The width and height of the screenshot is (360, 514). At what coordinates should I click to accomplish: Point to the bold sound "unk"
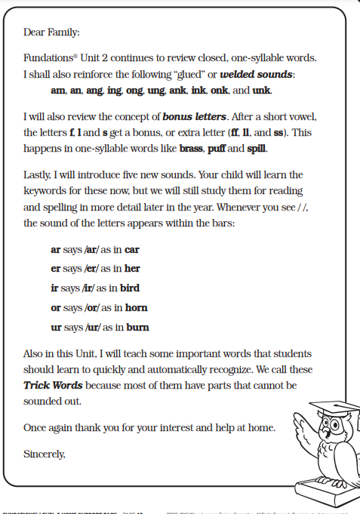[261, 91]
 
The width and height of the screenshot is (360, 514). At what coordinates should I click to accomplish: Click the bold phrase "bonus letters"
[194, 116]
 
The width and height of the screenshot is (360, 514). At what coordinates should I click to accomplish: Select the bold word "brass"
[194, 148]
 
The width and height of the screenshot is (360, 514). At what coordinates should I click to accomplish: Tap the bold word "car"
[132, 249]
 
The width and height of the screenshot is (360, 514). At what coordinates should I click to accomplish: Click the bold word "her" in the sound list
[131, 268]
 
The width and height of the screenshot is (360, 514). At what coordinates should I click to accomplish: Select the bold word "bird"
[130, 288]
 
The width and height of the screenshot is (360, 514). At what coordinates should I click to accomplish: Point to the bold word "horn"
[136, 307]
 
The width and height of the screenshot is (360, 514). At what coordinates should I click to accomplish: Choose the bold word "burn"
[138, 327]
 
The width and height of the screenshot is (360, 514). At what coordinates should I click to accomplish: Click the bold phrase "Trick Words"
[53, 385]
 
